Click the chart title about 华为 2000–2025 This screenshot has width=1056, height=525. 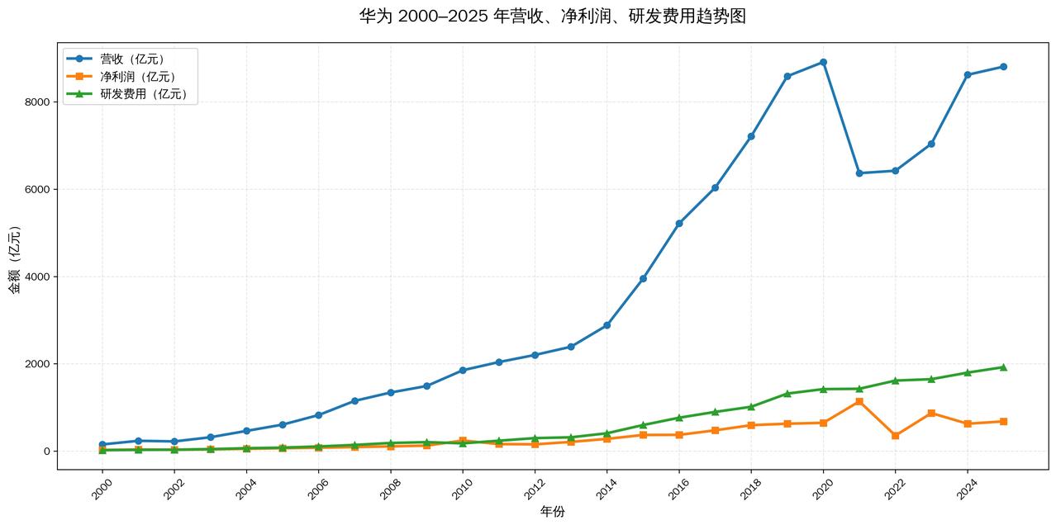point(552,17)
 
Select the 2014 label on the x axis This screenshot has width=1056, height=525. point(606,488)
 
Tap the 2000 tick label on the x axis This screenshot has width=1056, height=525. point(102,488)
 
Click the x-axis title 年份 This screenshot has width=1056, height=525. point(552,512)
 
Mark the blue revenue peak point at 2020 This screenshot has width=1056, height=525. point(823,62)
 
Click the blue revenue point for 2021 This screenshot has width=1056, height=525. point(859,173)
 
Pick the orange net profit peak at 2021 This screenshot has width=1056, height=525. point(859,401)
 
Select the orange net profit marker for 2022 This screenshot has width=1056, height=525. point(895,435)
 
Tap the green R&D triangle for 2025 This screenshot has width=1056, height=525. point(1003,367)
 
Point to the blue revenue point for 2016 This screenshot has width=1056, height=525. point(679,223)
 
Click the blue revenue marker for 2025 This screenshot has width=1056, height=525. point(1003,67)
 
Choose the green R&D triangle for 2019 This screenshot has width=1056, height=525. point(787,394)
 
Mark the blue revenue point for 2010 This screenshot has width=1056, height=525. point(463,370)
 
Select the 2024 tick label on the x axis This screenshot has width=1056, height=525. point(967,488)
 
